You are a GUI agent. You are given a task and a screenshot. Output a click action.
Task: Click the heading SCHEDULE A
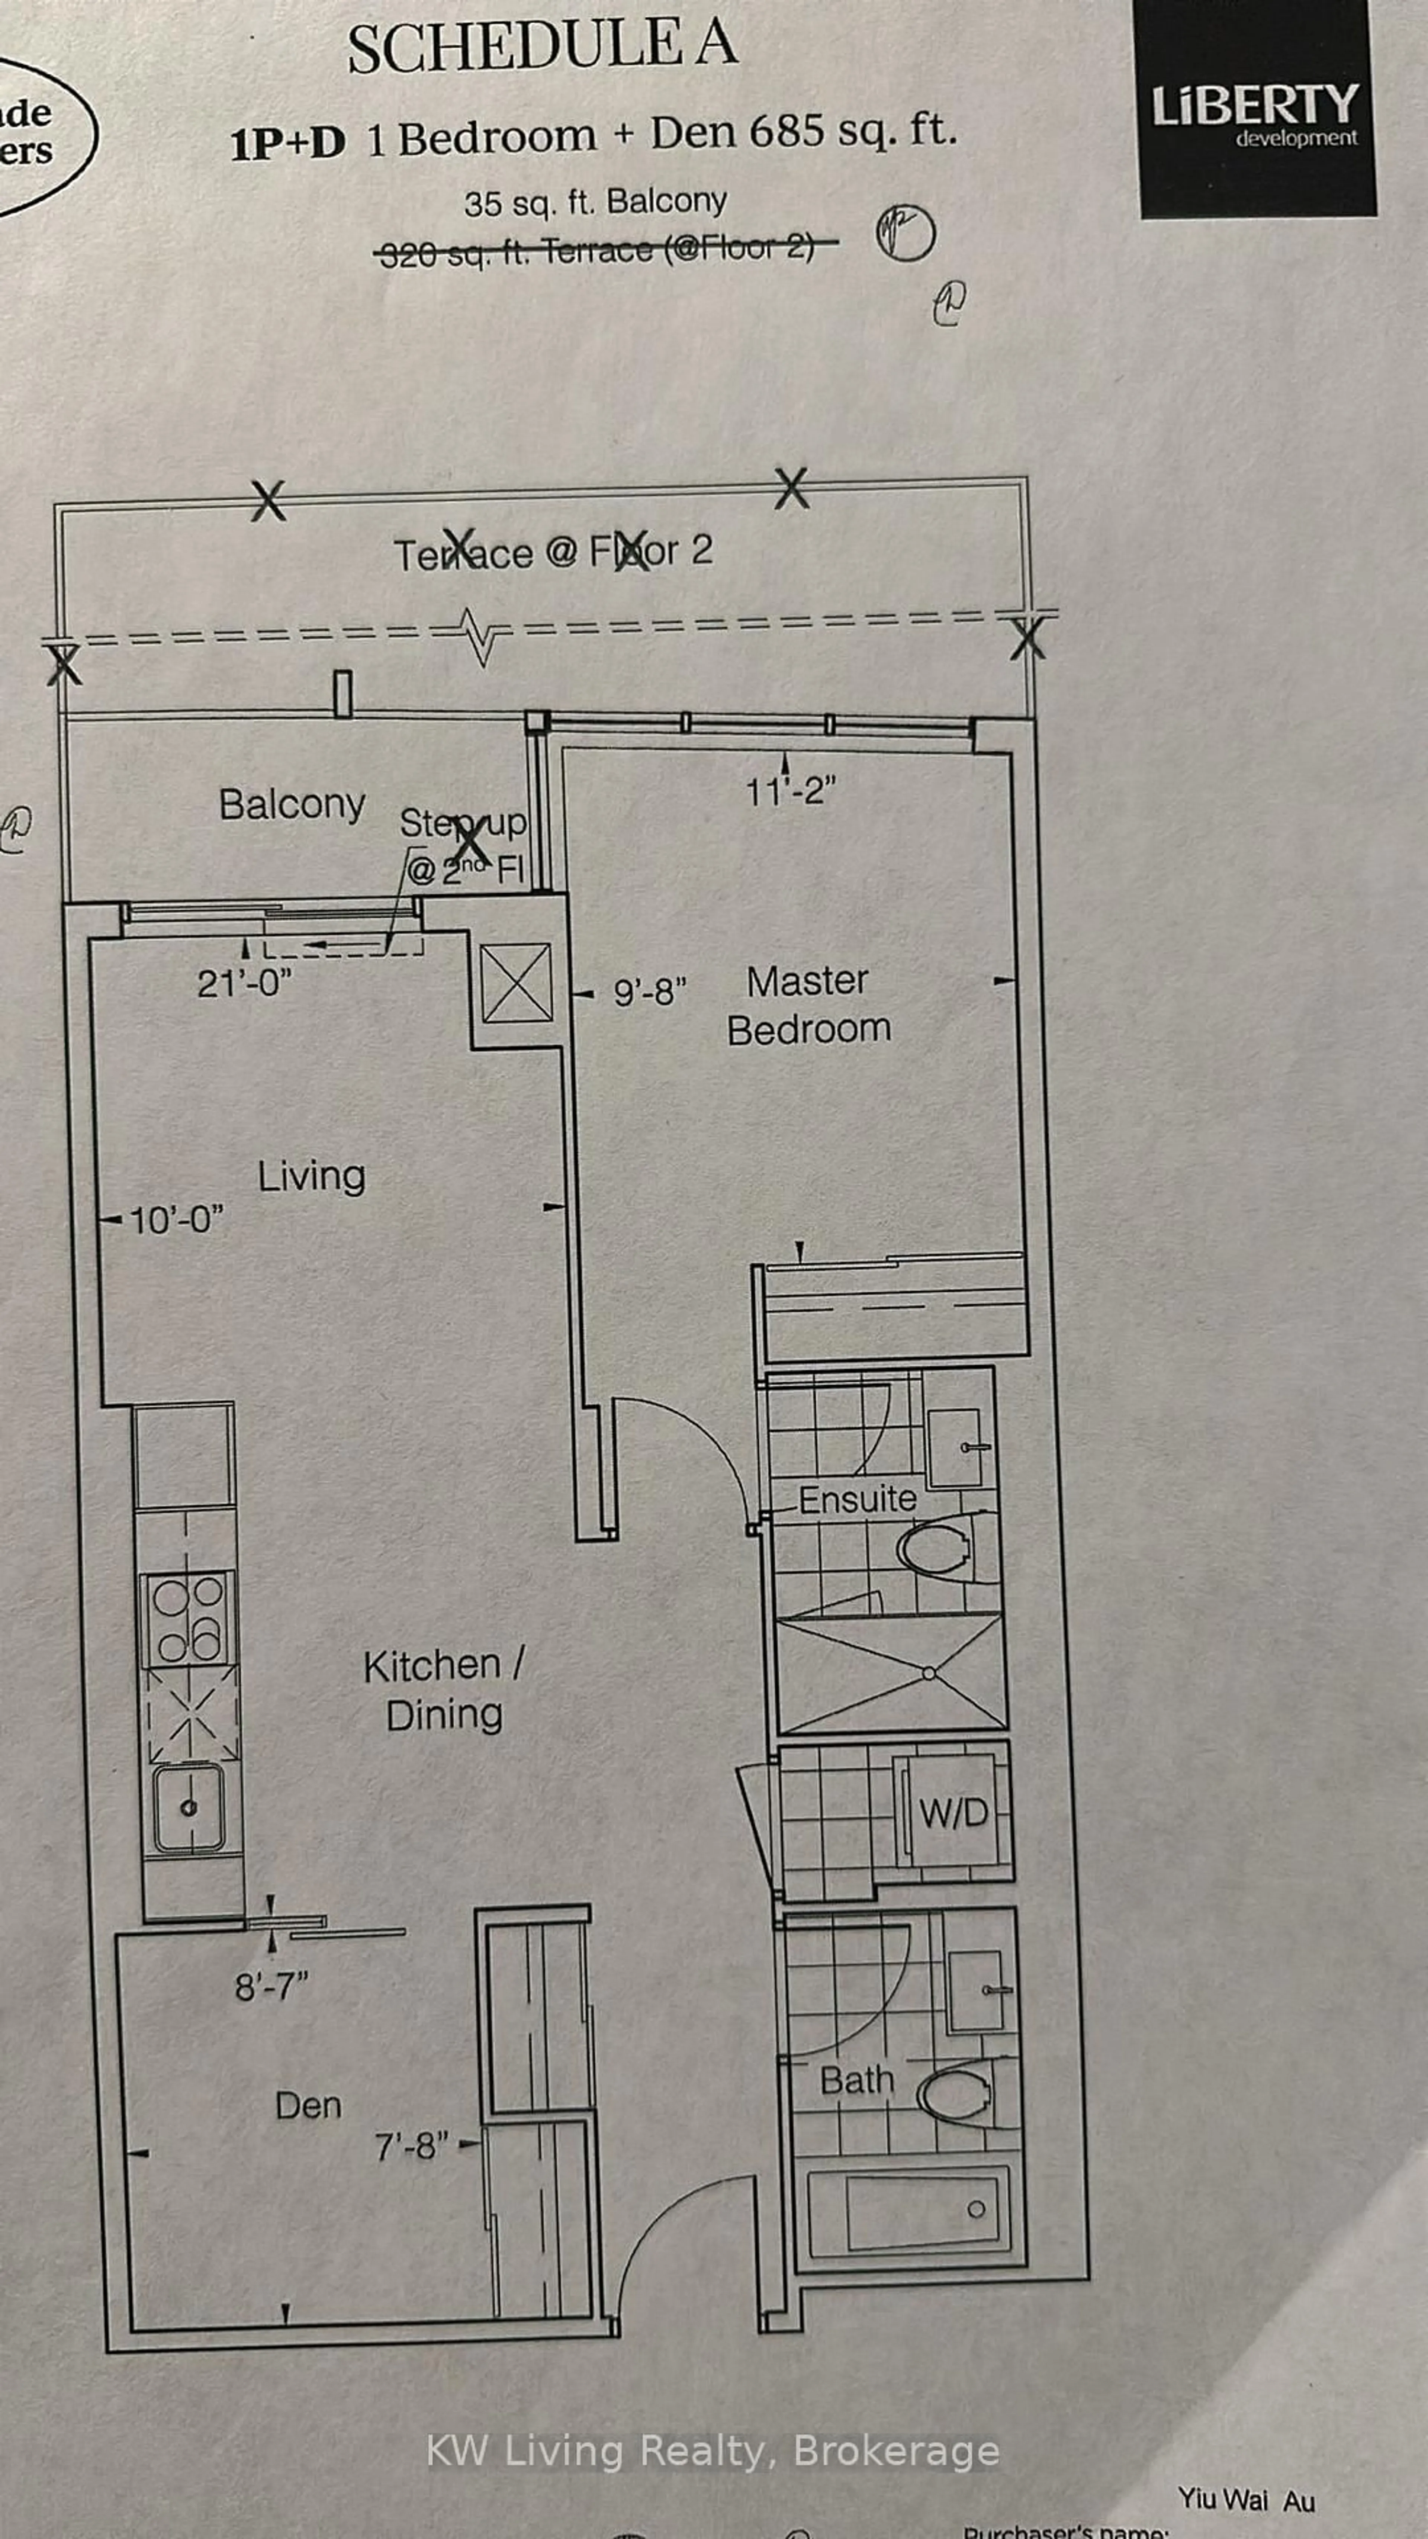(x=542, y=47)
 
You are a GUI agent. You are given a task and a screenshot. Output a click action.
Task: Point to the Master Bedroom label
(x=808, y=1005)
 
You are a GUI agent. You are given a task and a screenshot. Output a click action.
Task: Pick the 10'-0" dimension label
(x=176, y=1220)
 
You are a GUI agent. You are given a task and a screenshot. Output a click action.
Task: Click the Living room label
(x=311, y=1176)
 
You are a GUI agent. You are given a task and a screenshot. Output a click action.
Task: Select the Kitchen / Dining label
(x=444, y=1690)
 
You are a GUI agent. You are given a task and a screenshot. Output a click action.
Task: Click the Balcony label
(x=292, y=804)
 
